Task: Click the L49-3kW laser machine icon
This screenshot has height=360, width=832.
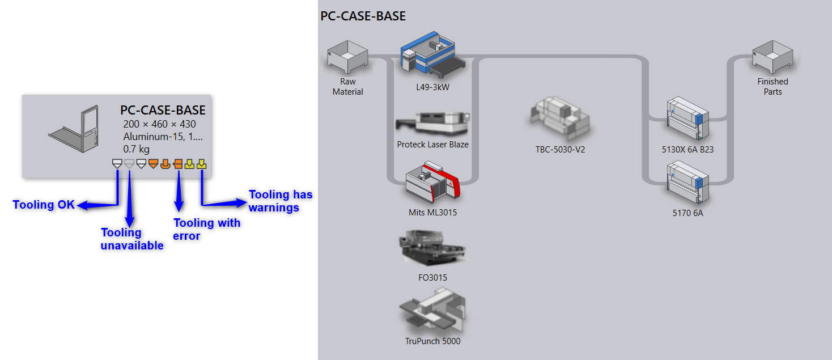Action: click(432, 55)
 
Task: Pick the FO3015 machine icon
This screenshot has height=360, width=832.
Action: click(432, 248)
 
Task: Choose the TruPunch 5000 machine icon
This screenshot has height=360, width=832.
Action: click(432, 311)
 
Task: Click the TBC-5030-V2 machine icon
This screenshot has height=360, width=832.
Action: click(560, 118)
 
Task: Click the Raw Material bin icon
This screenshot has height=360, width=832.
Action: click(347, 58)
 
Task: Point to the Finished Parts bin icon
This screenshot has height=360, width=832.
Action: click(772, 58)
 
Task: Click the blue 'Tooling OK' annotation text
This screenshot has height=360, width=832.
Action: click(44, 205)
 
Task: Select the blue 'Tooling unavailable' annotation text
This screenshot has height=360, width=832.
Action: click(131, 239)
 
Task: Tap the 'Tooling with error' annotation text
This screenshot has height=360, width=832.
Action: click(206, 229)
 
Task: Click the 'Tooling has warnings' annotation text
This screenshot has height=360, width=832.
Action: click(281, 201)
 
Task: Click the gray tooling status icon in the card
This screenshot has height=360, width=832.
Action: click(129, 164)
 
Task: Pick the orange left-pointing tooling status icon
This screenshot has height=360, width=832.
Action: click(177, 164)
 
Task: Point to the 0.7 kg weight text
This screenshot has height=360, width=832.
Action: click(136, 149)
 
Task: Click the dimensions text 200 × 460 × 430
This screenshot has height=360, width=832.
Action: click(159, 124)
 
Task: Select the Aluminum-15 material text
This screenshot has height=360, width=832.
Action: click(162, 137)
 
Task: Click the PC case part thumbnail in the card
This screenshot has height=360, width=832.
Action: click(75, 130)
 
